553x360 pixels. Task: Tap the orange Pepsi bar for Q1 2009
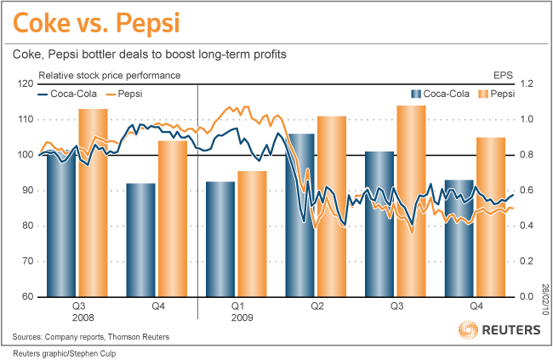coord(252,234)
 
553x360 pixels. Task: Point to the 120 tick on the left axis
coord(26,83)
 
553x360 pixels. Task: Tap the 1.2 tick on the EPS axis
coord(527,83)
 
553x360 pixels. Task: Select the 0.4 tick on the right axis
coord(527,226)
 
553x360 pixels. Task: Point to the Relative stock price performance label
coord(109,75)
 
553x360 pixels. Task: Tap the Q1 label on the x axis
coord(238,304)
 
